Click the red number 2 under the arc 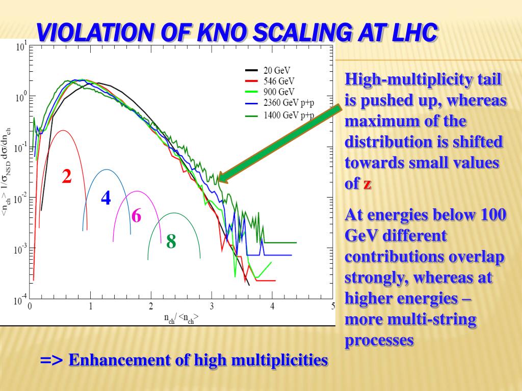click(x=67, y=177)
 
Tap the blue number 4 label click(x=106, y=198)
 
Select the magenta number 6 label click(x=136, y=216)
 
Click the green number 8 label click(x=171, y=241)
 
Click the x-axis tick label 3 click(x=212, y=306)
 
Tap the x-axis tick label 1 click(x=91, y=306)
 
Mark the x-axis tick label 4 click(x=272, y=306)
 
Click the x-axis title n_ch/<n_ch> click(x=181, y=319)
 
